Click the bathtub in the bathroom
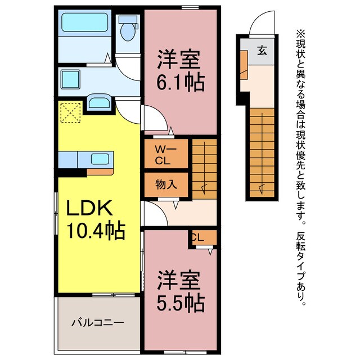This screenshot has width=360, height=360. tap(84, 23)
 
